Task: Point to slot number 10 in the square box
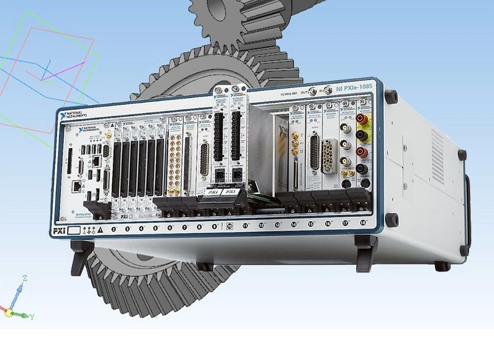click(x=230, y=226)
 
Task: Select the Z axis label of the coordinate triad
click(x=24, y=278)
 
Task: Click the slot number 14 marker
click(x=294, y=224)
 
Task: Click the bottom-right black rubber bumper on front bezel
click(x=392, y=220)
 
